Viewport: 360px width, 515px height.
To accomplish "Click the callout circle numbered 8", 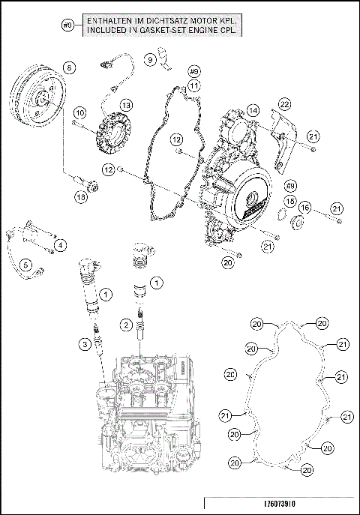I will click(x=68, y=67).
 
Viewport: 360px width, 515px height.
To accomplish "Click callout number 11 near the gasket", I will click(x=193, y=85).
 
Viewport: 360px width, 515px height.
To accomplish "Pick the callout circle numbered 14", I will click(x=254, y=109).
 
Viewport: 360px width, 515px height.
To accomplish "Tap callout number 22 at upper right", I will click(x=284, y=103).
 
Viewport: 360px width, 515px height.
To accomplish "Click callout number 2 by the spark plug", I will click(x=127, y=324).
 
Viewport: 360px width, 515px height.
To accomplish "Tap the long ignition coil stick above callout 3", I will click(x=90, y=289).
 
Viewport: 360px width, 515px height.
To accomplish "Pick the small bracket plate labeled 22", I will click(x=281, y=139).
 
